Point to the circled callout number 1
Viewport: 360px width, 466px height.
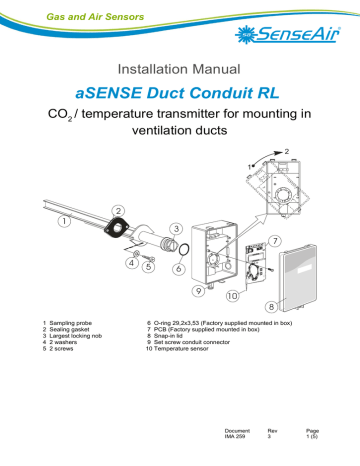point(64,220)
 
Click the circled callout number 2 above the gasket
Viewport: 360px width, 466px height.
point(119,211)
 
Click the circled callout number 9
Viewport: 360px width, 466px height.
point(200,290)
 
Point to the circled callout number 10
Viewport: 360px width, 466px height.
point(234,297)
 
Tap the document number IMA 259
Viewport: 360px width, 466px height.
point(237,438)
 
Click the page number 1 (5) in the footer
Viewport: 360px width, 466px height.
point(311,438)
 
